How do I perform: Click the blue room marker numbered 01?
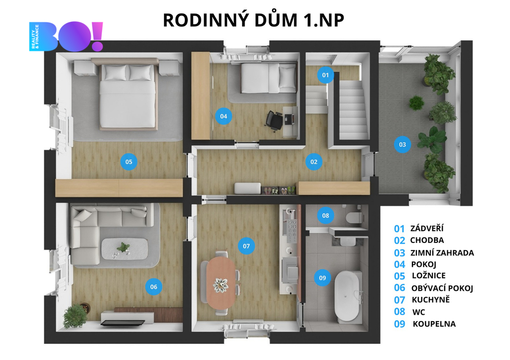325,75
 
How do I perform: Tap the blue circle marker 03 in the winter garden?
402,145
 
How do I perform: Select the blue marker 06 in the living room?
153,287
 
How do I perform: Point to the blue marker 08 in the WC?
325,215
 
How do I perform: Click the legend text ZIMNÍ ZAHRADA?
442,252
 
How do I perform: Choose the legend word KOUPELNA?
434,324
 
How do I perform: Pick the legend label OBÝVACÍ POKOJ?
442,288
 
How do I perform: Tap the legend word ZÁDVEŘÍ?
427,228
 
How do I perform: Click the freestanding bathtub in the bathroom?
348,296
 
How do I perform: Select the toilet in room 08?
353,217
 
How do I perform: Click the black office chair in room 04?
274,120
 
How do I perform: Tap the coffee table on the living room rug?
125,248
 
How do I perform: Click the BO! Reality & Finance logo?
66,36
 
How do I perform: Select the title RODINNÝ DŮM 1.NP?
254,20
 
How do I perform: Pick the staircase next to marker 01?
353,110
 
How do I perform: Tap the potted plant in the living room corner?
76,315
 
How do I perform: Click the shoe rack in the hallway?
278,190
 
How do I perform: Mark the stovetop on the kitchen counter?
291,228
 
